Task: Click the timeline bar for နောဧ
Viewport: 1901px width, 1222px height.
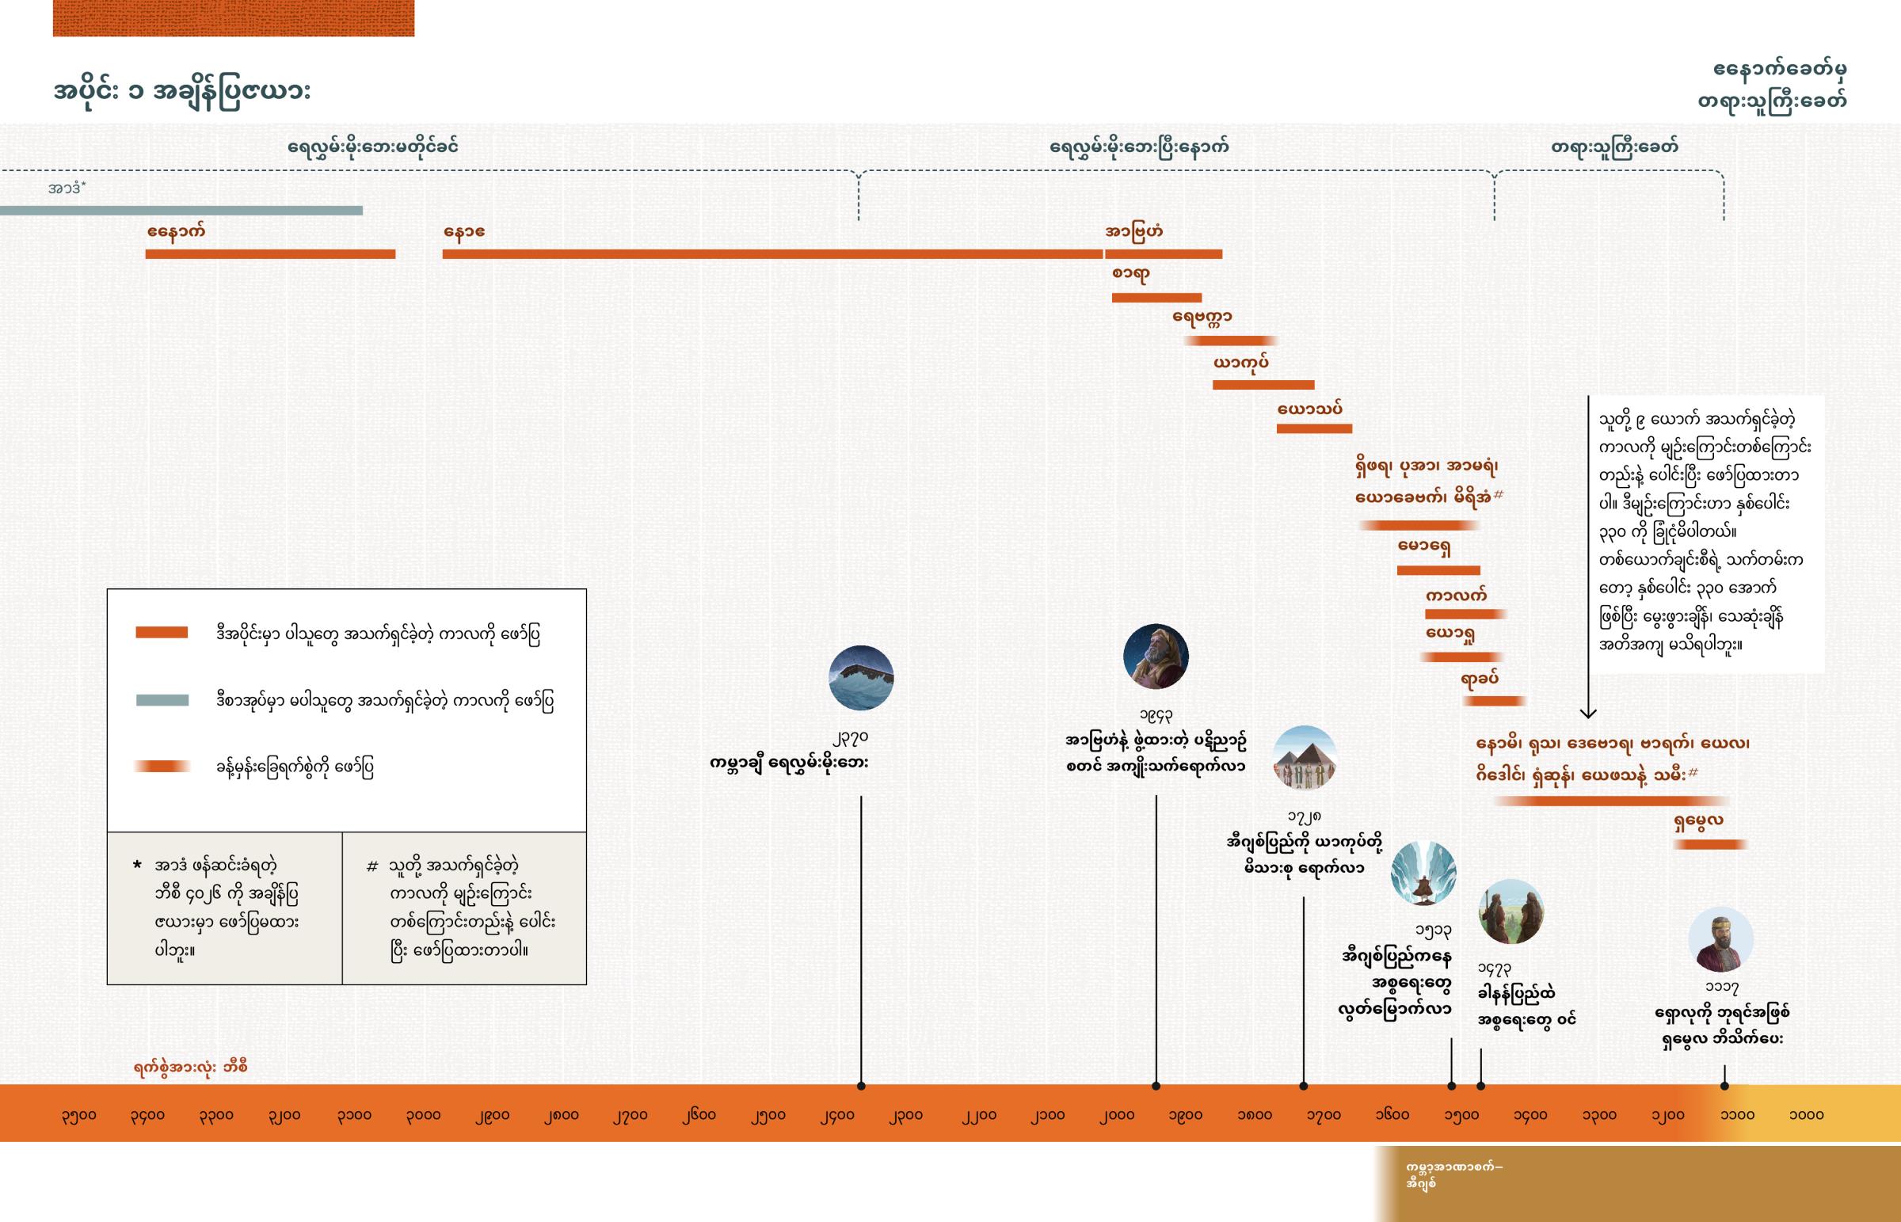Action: [x=772, y=254]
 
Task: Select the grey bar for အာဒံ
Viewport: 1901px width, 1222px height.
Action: [x=181, y=211]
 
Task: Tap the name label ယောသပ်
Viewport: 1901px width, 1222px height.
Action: [x=1309, y=409]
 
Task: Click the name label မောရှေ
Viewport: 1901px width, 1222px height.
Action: [x=1424, y=547]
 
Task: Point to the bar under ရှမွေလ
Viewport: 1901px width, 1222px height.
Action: [x=1710, y=844]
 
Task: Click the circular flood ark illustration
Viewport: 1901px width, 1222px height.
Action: [x=861, y=678]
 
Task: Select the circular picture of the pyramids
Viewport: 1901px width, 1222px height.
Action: [x=1305, y=758]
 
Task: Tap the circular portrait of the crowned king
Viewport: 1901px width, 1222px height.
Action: [x=1720, y=939]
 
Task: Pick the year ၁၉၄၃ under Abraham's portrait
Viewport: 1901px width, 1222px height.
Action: [x=1155, y=717]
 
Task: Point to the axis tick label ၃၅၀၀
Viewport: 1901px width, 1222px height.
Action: [x=78, y=1115]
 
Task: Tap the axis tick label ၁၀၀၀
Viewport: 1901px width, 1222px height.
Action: [x=1806, y=1115]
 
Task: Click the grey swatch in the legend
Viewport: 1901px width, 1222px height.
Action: [x=162, y=700]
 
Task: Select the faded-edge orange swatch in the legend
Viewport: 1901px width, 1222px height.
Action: [x=162, y=767]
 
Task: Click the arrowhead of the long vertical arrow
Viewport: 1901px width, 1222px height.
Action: [x=1587, y=713]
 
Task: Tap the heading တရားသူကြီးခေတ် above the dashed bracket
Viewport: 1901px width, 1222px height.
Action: [x=1613, y=147]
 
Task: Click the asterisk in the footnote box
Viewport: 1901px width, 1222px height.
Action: [x=136, y=864]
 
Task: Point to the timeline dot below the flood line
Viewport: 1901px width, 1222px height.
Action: [x=861, y=1086]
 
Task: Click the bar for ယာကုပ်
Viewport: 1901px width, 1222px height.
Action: [x=1263, y=385]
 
